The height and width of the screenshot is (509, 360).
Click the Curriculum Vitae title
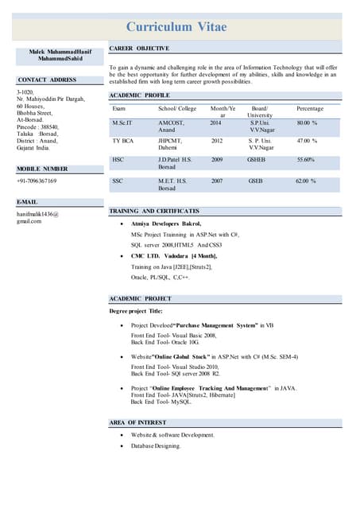pos(176,27)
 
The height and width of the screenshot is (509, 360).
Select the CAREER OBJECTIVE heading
pos(139,49)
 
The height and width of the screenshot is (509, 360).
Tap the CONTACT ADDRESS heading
pos(47,80)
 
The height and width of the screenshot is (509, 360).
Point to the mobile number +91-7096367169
pos(37,181)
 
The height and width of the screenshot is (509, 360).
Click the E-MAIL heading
pos(28,203)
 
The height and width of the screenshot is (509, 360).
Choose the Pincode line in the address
pos(38,126)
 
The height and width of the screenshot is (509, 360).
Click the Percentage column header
pos(309,108)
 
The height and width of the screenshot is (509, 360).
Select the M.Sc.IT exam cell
pos(124,124)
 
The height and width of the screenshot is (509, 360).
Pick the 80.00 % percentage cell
pos(307,124)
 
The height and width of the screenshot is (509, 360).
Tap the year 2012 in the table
pos(216,141)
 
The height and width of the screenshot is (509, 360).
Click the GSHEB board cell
pos(257,159)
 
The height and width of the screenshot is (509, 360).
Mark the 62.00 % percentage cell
pos(306,181)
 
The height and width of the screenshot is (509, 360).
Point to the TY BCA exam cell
pos(122,141)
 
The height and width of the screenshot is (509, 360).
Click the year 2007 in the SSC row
pos(216,181)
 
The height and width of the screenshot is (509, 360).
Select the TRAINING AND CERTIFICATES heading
pos(154,212)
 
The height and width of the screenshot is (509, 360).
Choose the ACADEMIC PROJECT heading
pos(140,298)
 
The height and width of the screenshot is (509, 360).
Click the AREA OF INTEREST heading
pos(137,422)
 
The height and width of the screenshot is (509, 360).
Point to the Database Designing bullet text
pos(156,446)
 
